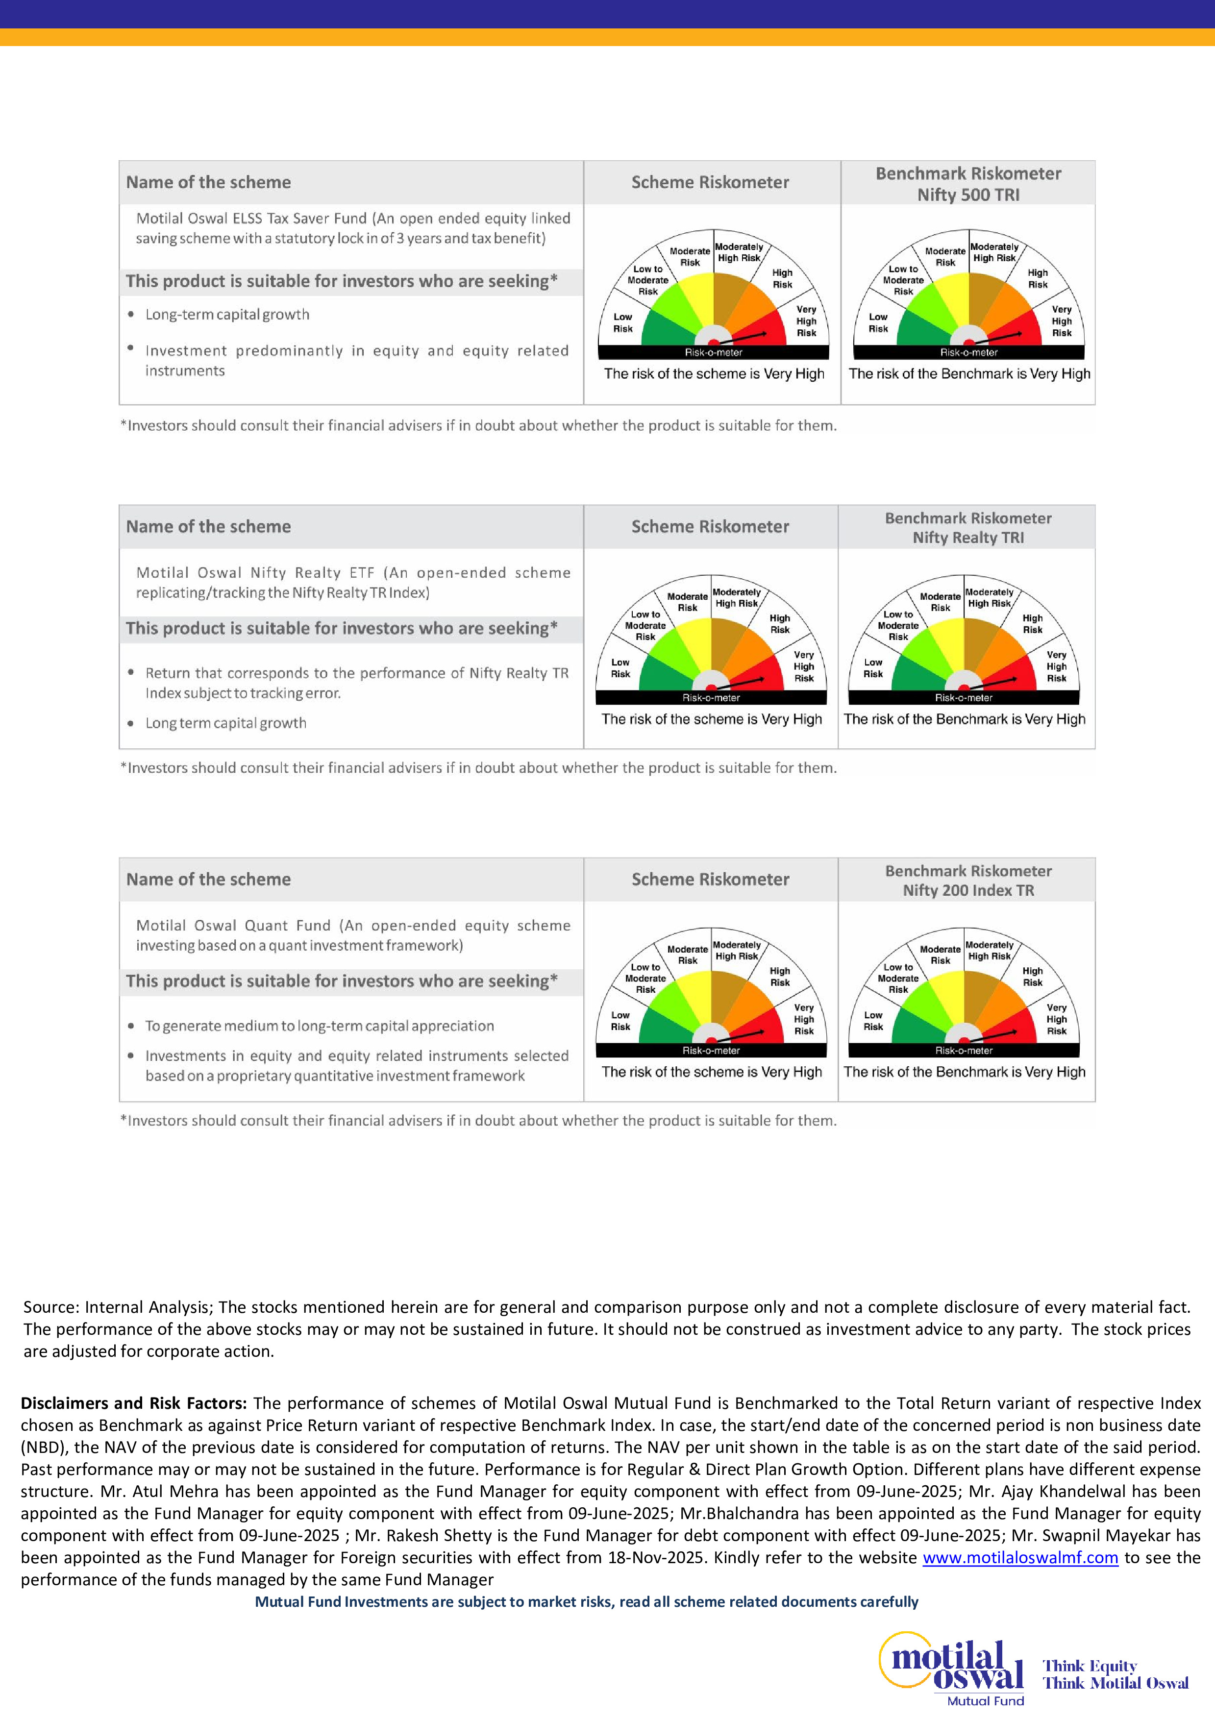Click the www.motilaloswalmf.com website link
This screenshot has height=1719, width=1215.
coord(1019,1557)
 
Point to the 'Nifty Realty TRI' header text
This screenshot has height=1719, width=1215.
coord(968,538)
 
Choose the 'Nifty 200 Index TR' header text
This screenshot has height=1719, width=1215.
coord(968,890)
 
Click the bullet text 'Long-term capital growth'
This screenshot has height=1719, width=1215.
coord(227,315)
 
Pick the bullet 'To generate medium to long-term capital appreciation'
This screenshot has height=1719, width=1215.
coord(320,1026)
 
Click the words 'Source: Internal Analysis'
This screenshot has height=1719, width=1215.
coord(118,1307)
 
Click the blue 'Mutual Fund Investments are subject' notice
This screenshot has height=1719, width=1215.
coord(586,1601)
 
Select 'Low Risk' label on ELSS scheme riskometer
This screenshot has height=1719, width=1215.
coord(623,323)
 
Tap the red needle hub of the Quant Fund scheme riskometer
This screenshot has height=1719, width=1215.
coord(711,1040)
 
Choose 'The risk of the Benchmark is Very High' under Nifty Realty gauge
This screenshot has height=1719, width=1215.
coord(964,719)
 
